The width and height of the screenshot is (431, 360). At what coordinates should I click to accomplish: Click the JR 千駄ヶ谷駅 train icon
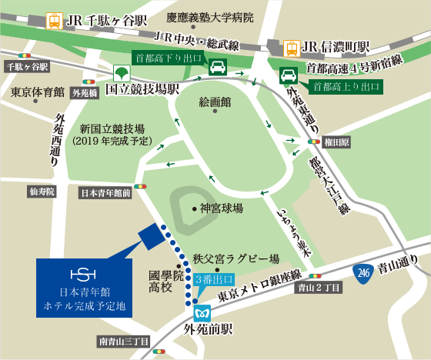pyautogui.click(x=55, y=20)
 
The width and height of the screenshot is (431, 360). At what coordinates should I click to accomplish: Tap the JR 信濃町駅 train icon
pyautogui.click(x=293, y=48)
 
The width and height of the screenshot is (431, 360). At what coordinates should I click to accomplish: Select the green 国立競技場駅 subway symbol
pyautogui.click(x=119, y=75)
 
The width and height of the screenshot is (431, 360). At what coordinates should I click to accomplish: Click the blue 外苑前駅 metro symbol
pyautogui.click(x=203, y=313)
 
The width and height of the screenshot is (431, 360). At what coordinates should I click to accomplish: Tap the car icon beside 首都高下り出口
pyautogui.click(x=218, y=65)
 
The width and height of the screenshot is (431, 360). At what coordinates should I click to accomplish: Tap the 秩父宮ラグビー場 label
pyautogui.click(x=236, y=259)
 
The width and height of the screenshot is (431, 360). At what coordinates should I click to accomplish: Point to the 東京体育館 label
pyautogui.click(x=38, y=92)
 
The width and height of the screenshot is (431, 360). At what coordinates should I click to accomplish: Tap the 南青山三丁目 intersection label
pyautogui.click(x=123, y=340)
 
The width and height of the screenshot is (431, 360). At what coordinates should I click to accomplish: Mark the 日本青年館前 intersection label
pyautogui.click(x=106, y=194)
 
